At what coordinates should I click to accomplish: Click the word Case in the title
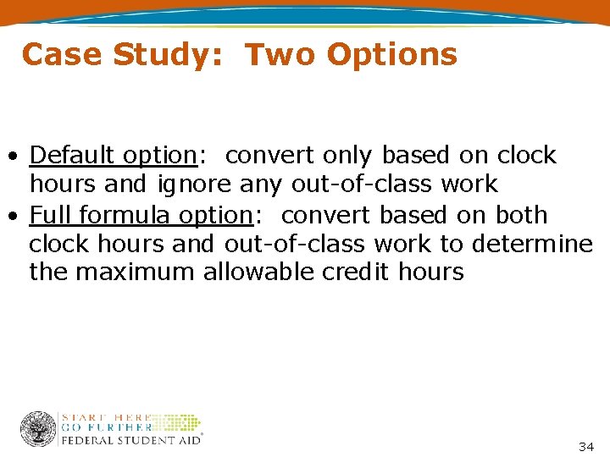coord(62,55)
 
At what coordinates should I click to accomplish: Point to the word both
coord(519,215)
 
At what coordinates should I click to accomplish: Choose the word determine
coord(532,244)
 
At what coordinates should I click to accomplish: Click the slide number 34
coord(586,446)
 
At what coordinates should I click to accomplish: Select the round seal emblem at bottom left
coord(38,429)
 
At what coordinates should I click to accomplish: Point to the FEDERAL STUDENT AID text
coord(130,440)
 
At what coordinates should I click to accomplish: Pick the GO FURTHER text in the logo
coord(106,428)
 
